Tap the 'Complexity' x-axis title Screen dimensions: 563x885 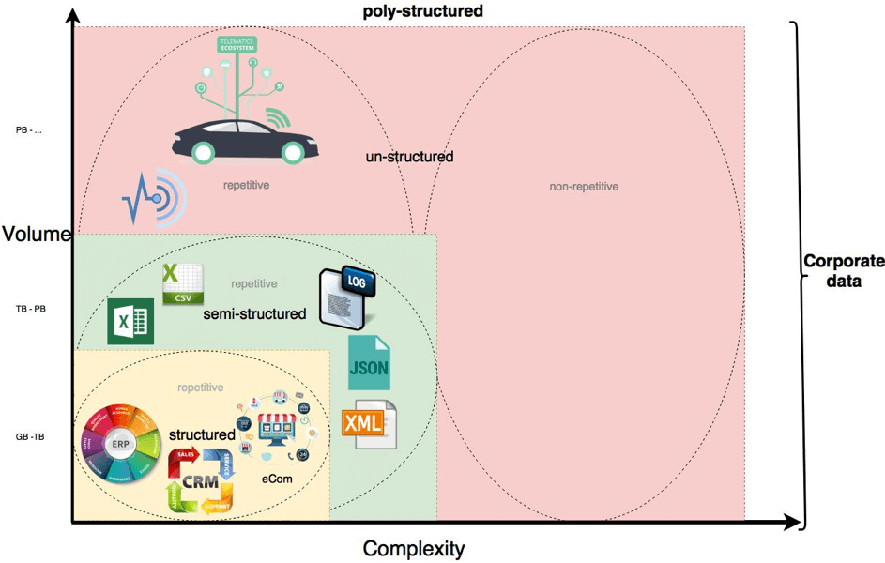click(x=413, y=548)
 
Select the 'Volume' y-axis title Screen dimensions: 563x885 click(x=36, y=235)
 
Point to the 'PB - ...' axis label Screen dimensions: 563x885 click(x=29, y=130)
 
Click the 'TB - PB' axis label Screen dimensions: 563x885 click(x=30, y=308)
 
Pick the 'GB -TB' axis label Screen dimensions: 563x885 click(x=30, y=437)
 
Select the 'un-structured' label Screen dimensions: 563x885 click(x=409, y=157)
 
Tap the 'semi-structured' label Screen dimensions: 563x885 click(x=254, y=314)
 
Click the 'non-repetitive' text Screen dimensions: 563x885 click(x=584, y=187)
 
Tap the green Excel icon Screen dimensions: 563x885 click(x=130, y=322)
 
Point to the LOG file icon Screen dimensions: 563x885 click(x=346, y=297)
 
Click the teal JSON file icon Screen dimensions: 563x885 click(x=368, y=363)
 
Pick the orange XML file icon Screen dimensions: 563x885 click(x=369, y=424)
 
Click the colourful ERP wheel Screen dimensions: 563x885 click(x=119, y=444)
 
